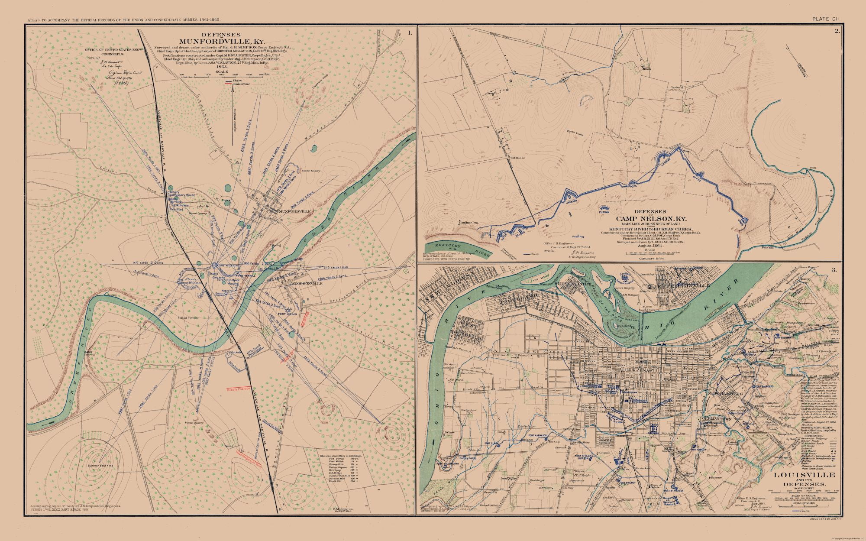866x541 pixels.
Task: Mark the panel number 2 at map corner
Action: tap(837, 31)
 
